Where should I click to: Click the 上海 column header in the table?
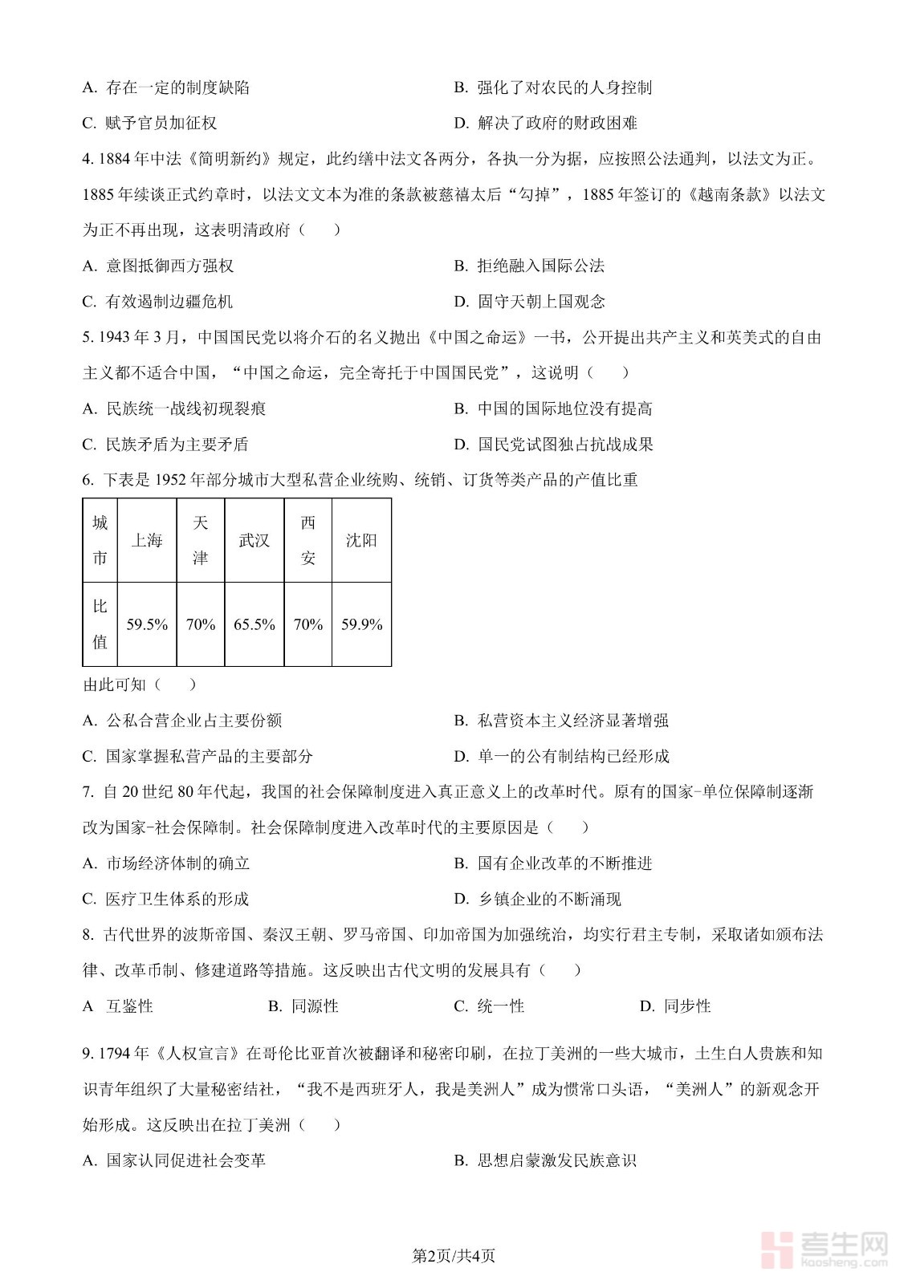coord(147,540)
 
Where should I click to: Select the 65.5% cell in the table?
coord(254,624)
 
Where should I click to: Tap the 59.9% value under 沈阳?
coord(361,624)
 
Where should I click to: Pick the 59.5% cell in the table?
coord(147,624)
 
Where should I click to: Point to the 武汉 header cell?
coord(254,540)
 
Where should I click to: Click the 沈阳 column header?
coord(361,540)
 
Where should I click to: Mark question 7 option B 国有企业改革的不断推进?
coord(553,863)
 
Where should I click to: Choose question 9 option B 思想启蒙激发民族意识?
coord(545,1160)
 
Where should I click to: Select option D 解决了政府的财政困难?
coord(546,123)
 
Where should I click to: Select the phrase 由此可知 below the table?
coord(115,685)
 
